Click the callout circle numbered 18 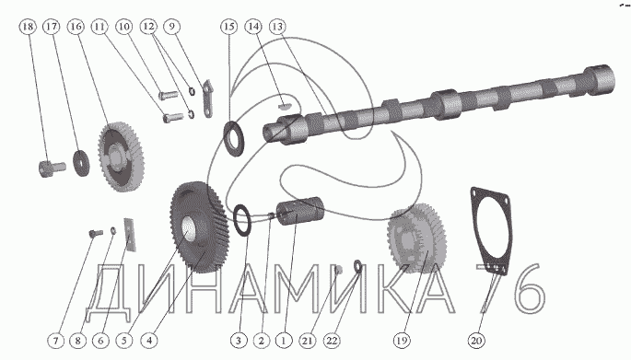point(28,27)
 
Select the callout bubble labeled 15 point(228,27)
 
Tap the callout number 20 point(476,341)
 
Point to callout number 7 point(55,341)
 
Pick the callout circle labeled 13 point(277,27)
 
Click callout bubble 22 point(332,341)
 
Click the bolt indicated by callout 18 point(52,168)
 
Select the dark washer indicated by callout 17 point(81,162)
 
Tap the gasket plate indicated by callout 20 point(491,230)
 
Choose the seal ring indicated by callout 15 point(233,138)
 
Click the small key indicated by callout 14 point(284,107)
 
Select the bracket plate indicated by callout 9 point(207,99)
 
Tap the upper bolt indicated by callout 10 point(169,96)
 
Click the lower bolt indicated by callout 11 point(172,118)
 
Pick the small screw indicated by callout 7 point(96,233)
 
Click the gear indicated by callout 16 point(121,157)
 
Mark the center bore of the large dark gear point(189,228)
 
